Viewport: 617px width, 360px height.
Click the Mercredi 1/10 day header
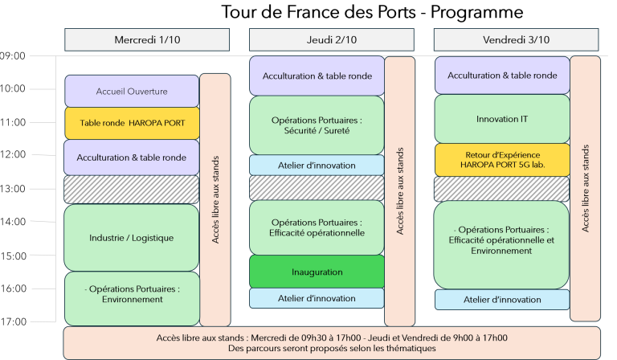[147, 39]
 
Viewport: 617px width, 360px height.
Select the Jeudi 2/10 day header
[332, 39]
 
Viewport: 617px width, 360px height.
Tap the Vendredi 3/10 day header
[517, 39]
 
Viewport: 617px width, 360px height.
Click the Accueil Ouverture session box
[132, 91]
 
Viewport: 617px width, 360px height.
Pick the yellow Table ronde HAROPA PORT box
[132, 123]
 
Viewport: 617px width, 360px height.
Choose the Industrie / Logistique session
[132, 237]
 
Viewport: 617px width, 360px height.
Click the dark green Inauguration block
[317, 272]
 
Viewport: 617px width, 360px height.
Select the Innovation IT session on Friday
[502, 119]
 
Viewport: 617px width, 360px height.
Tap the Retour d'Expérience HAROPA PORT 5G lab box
[502, 159]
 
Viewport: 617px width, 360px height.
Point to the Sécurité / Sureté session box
[317, 125]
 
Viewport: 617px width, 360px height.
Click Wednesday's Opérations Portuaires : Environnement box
[132, 294]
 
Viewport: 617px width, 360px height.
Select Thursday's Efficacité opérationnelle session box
[317, 227]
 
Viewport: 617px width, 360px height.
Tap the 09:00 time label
[14, 55]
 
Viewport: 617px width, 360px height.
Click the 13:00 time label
[14, 188]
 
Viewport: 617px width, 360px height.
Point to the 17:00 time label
[14, 321]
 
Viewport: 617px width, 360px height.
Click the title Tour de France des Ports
[372, 12]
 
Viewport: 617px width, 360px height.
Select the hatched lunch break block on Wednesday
[132, 189]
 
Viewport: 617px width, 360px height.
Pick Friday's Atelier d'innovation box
[502, 299]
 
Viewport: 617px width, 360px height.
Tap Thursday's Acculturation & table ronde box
[317, 76]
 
